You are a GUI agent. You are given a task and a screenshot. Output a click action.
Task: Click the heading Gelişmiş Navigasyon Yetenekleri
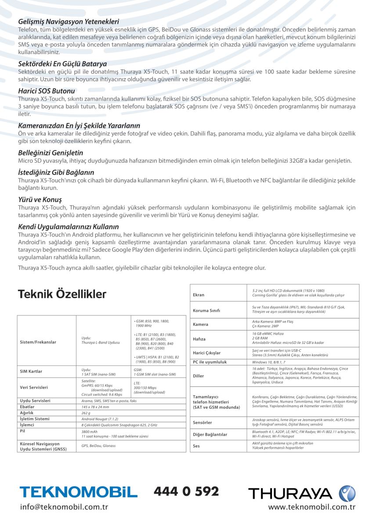(69, 22)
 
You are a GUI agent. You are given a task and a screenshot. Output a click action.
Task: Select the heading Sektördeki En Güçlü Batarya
(62, 64)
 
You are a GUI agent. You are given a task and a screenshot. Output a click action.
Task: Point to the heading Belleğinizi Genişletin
(51, 153)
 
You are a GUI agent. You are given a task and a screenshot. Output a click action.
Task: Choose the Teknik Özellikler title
(62, 294)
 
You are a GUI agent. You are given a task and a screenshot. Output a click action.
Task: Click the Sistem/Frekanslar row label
(38, 342)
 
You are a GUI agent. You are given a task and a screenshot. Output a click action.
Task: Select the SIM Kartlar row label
(31, 372)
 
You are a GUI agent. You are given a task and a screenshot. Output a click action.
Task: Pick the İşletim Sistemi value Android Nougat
(100, 419)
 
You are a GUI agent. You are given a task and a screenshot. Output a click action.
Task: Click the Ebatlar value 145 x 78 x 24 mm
(96, 407)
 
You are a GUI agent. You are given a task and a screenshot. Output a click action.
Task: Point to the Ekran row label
(199, 295)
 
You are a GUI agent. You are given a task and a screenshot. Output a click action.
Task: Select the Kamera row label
(201, 325)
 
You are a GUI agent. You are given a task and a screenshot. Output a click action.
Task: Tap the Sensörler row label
(203, 422)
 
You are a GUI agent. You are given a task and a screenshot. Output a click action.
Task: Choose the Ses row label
(196, 446)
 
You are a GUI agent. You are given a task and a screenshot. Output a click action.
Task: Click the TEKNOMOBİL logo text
(79, 492)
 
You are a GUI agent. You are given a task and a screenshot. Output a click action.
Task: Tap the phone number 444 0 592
(186, 491)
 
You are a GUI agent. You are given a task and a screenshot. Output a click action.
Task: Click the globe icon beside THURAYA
(347, 493)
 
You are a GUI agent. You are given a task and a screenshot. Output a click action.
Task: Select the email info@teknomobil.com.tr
(64, 507)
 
